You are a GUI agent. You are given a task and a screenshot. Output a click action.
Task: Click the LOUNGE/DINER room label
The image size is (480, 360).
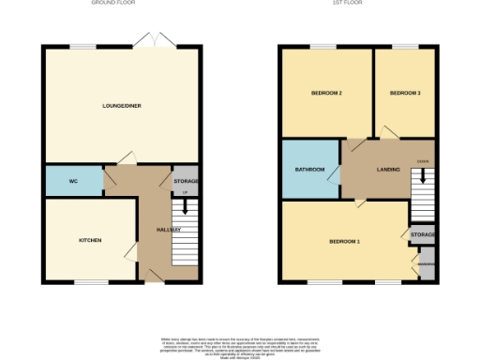point(121,106)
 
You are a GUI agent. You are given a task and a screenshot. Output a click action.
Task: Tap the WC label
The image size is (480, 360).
point(72,179)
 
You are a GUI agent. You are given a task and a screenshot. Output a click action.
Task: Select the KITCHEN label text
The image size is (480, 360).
point(90,240)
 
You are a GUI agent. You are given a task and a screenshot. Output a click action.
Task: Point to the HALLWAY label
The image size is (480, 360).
point(154,230)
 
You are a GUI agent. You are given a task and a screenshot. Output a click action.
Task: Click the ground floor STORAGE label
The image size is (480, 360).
point(185,179)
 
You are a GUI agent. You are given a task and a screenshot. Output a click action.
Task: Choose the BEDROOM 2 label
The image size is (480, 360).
point(325,93)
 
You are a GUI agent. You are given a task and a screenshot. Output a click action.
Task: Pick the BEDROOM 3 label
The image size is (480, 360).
point(404,93)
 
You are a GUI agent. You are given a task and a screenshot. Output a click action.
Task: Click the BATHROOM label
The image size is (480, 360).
point(310,169)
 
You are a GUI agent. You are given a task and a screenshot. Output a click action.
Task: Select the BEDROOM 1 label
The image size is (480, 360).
point(344,241)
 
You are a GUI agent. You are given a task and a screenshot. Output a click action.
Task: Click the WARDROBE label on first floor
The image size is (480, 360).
point(426,263)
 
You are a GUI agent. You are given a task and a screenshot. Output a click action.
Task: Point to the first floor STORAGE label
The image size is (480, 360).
point(421,235)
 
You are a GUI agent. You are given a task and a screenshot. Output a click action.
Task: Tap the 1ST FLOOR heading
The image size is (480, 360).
point(359,4)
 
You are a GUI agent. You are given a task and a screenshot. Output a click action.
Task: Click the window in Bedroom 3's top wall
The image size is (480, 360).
point(404,46)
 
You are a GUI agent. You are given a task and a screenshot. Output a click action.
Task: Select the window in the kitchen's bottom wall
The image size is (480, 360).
point(91,281)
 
